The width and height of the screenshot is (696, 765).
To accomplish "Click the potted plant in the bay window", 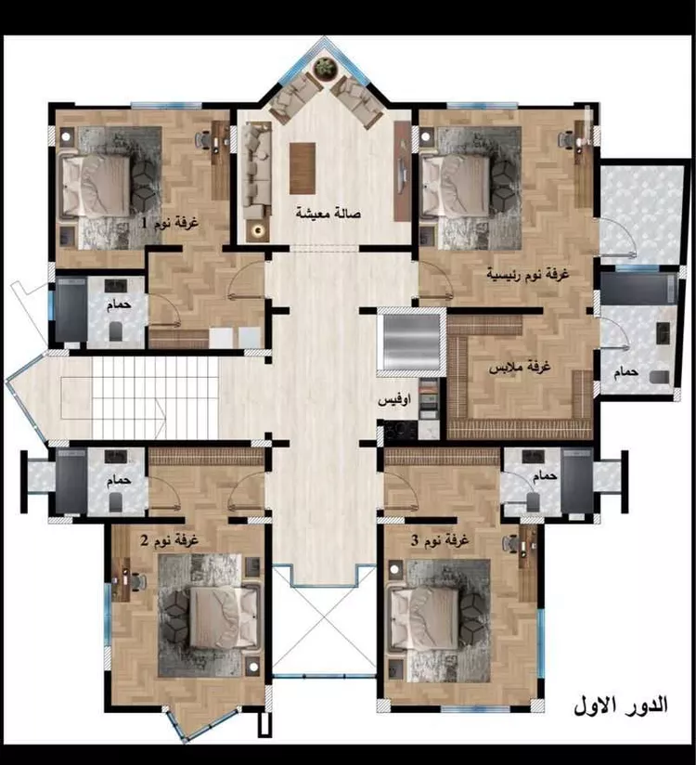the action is tap(325, 67).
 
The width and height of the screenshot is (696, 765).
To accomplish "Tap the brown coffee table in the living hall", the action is tap(303, 168).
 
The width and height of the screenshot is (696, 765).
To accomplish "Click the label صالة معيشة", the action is tap(328, 214).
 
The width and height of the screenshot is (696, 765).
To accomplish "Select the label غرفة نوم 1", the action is tap(170, 223).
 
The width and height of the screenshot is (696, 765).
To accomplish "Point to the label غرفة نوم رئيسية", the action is tap(528, 274).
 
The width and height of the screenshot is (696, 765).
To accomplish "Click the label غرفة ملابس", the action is tap(520, 367).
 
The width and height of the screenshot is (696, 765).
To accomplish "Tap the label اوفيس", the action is tap(394, 400).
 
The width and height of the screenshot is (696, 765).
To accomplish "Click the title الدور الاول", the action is tap(621, 706).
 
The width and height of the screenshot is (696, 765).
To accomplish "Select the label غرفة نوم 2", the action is tap(169, 541).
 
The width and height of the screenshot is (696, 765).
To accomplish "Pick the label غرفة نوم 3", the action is tap(440, 540).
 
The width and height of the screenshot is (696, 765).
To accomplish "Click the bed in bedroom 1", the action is tap(96, 186).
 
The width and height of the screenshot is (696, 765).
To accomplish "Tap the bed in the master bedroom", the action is tap(456, 186).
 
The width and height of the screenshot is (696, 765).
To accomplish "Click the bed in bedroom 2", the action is tap(224, 617).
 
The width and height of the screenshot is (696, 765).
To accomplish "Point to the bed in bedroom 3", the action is tap(423, 618).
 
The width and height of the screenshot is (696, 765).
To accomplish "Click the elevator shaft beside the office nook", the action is tap(412, 343).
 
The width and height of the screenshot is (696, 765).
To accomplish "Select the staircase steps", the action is tap(155, 398).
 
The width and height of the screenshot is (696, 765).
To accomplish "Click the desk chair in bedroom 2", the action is tap(138, 581).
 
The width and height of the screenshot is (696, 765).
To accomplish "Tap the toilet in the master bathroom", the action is tap(660, 377).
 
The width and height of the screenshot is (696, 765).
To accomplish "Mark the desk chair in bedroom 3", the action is tap(510, 543).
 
